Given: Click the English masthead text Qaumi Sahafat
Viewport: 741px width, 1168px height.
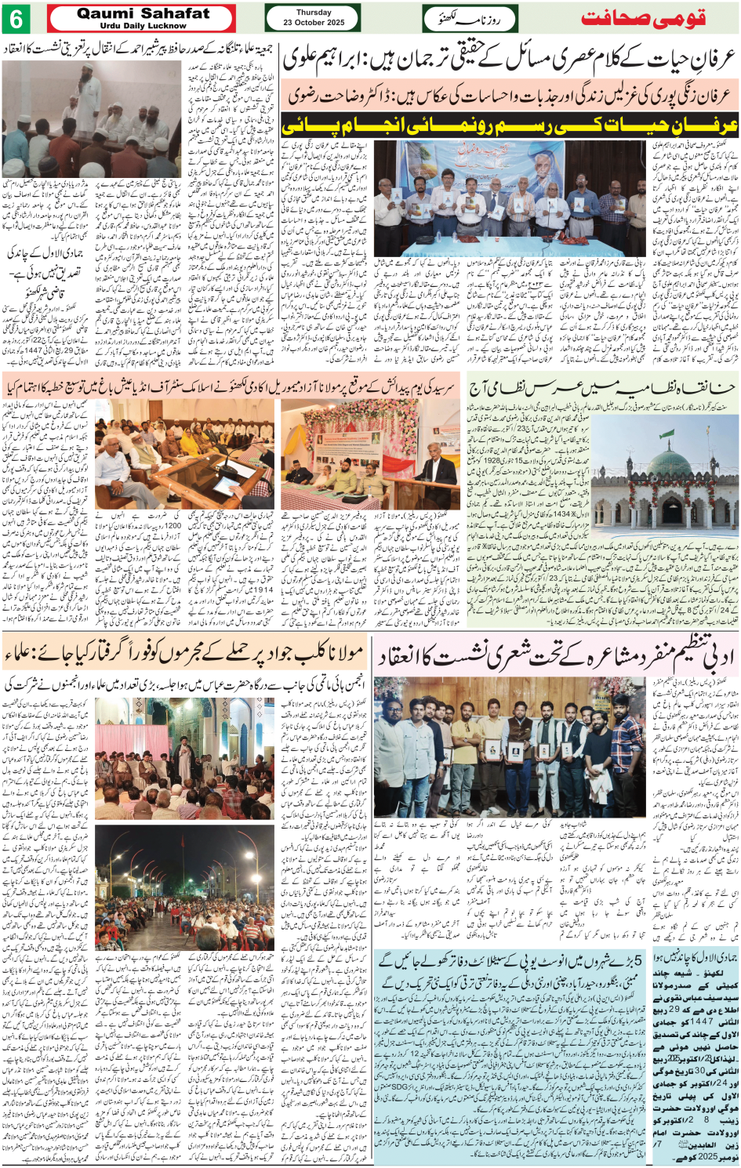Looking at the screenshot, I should click(143, 13).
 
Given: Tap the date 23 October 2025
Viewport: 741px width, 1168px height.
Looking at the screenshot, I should click(314, 23).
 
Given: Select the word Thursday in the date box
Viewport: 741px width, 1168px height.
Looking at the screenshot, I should click(314, 13).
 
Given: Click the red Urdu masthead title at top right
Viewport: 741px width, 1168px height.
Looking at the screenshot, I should click(643, 19).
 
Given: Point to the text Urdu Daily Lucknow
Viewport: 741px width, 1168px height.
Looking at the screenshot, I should click(143, 26).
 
